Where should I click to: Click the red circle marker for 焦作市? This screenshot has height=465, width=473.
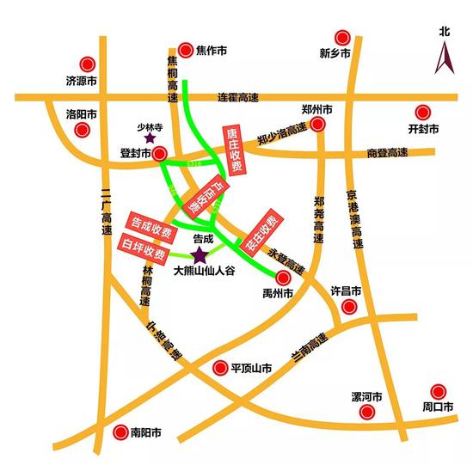[x=186, y=51]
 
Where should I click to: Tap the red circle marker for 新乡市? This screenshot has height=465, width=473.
[x=343, y=38]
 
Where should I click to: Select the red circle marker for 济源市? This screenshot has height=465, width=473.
[x=87, y=64]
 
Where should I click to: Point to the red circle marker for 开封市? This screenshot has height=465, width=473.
[x=421, y=113]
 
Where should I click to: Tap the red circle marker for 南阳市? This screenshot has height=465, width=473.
[x=120, y=431]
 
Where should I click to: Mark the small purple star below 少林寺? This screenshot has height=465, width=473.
[x=150, y=137]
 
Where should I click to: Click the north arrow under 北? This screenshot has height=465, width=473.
[x=444, y=59]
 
